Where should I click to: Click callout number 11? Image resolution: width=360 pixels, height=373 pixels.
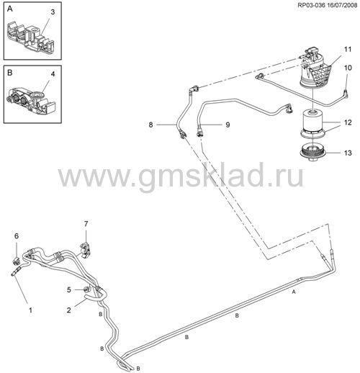(x=348, y=50)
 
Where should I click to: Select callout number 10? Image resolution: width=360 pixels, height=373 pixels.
(x=348, y=68)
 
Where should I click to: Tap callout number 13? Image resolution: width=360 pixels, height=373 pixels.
(x=348, y=153)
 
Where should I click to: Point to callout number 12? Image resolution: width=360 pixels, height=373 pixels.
(x=348, y=122)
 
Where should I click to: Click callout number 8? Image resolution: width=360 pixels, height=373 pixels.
(x=150, y=125)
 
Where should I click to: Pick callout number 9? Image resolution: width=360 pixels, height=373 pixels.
(x=228, y=125)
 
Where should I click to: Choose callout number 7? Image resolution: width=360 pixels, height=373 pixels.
(x=86, y=224)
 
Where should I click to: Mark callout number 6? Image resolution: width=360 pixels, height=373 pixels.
(x=17, y=236)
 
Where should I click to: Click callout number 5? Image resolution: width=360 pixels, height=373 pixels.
(x=69, y=290)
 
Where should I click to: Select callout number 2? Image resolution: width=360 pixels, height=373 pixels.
(x=69, y=310)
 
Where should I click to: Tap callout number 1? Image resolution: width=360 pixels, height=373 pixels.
(x=30, y=310)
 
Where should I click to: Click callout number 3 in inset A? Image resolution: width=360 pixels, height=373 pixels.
(x=53, y=12)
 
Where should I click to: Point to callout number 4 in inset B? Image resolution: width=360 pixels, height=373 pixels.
(x=53, y=74)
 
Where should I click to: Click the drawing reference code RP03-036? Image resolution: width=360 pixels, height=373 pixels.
(x=311, y=5)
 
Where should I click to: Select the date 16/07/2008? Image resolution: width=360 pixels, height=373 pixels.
(x=342, y=5)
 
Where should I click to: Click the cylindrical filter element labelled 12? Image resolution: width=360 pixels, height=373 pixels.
(x=313, y=124)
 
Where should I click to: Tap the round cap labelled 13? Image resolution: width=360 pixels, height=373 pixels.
(x=312, y=153)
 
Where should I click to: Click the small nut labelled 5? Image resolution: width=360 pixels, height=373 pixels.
(x=86, y=290)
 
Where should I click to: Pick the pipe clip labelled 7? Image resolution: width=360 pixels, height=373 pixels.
(x=85, y=251)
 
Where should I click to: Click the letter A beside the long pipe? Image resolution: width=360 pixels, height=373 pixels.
(x=294, y=292)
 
